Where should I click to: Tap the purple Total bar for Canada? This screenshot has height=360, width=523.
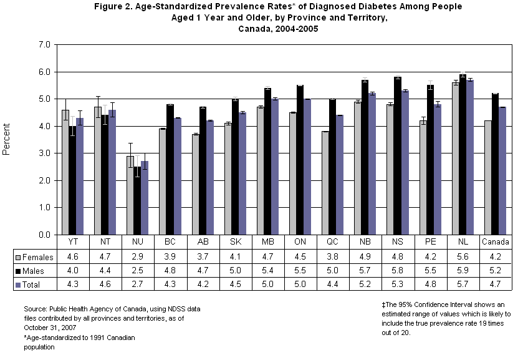502,171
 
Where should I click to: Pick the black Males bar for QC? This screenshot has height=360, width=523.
333,167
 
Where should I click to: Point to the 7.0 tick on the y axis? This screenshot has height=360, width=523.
44,45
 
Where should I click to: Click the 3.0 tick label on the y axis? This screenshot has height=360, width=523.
44,153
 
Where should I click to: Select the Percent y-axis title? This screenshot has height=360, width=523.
7,140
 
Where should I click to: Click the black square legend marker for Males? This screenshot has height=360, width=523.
19,270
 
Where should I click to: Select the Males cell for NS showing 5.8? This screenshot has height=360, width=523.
397,270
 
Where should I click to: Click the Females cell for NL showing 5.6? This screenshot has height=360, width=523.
462,256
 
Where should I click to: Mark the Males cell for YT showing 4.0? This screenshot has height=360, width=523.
73,270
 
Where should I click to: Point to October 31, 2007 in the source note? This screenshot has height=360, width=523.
49,327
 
